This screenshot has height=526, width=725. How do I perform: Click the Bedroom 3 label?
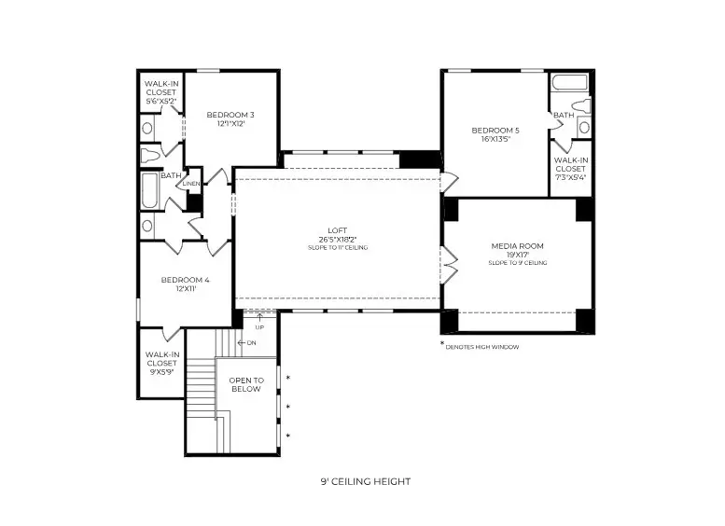(x=230, y=115)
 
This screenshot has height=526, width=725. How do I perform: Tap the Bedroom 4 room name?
(x=185, y=280)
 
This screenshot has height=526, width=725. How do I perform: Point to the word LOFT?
(x=337, y=230)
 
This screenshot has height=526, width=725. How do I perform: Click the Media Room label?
(x=517, y=246)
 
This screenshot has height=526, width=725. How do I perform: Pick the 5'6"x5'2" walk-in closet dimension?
(x=161, y=101)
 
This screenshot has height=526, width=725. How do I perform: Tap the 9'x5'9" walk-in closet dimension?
(x=161, y=372)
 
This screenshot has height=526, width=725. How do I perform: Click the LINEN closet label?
(x=191, y=184)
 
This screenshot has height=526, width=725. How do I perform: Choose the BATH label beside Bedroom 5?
(x=564, y=116)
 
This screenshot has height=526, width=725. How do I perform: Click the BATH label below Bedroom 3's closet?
(x=171, y=175)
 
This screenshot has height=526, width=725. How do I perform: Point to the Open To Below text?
(x=246, y=385)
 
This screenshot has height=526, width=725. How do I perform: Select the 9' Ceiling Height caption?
(x=365, y=482)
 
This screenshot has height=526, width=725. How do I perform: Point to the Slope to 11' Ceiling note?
(x=337, y=248)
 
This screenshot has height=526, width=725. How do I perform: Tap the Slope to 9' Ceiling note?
(x=517, y=263)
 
